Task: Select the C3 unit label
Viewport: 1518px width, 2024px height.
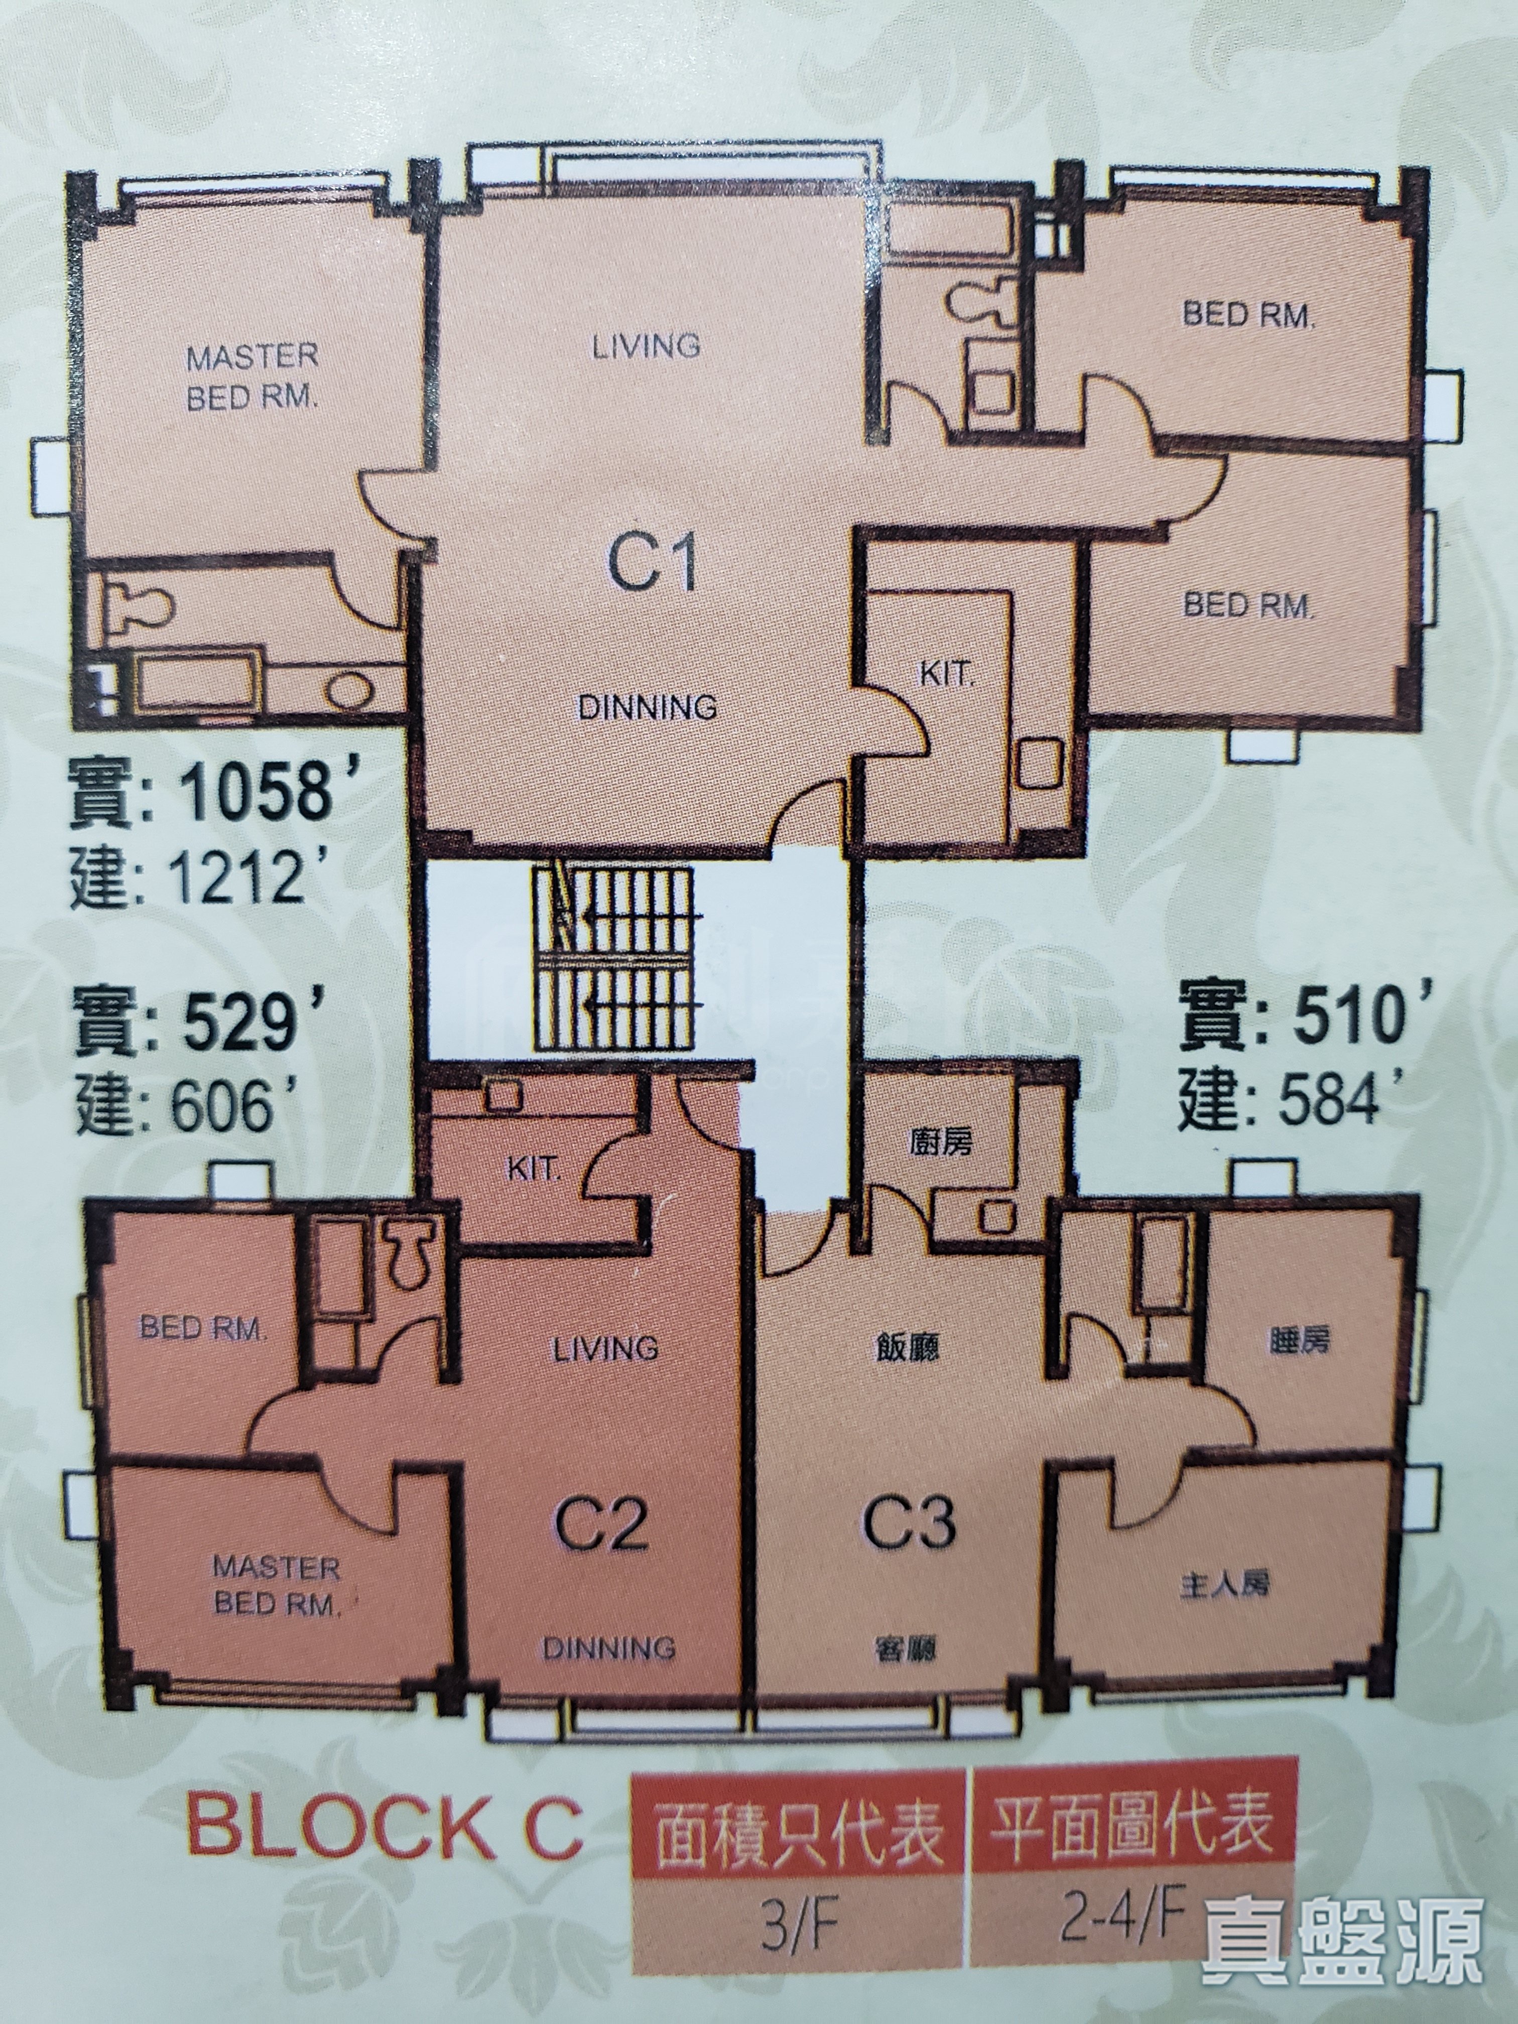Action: [x=910, y=1521]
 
